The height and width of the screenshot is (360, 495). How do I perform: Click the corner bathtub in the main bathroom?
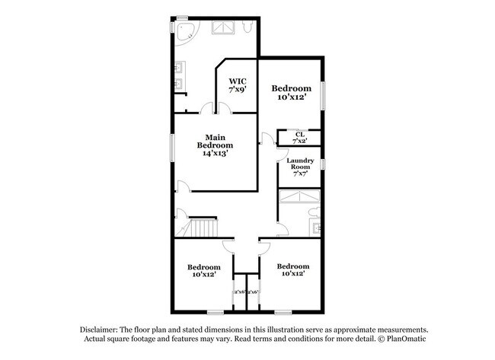(x=183, y=30)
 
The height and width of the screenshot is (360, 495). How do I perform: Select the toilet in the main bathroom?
(x=247, y=27)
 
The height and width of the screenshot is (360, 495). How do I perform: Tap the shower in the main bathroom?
(x=224, y=27)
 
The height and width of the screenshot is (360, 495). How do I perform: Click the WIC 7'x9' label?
(x=237, y=85)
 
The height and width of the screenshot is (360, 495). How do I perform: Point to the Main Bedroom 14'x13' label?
(x=215, y=145)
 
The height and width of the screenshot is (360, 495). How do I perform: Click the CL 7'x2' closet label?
(x=299, y=138)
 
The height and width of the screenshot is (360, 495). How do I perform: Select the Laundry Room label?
(x=300, y=167)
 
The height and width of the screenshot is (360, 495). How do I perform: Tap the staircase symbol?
(x=203, y=228)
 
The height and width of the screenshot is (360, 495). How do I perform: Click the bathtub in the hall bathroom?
(x=299, y=198)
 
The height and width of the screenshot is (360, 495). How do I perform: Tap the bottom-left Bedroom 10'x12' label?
(x=204, y=271)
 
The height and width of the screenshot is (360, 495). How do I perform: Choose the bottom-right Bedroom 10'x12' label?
(x=293, y=269)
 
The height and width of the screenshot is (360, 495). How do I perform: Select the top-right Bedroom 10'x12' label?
(x=292, y=92)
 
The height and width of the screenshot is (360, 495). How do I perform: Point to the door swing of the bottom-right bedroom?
(x=266, y=245)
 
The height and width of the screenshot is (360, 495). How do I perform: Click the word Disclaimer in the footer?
(x=107, y=330)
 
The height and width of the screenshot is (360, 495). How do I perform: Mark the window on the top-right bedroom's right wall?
(x=324, y=97)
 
